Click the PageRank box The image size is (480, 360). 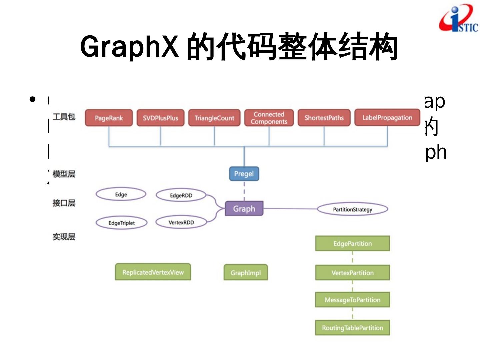pyautogui.click(x=109, y=118)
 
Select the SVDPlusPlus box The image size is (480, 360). pyautogui.click(x=160, y=118)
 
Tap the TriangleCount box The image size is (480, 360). pyautogui.click(x=214, y=118)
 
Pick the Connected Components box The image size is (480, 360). pyautogui.click(x=269, y=118)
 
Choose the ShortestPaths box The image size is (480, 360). pyautogui.click(x=324, y=118)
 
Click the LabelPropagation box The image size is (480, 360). pyautogui.click(x=387, y=117)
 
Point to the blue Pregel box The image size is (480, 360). pyautogui.click(x=244, y=174)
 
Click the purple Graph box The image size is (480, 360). pyautogui.click(x=244, y=209)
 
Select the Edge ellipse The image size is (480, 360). pyautogui.click(x=121, y=194)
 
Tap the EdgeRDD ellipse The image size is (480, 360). pyautogui.click(x=181, y=195)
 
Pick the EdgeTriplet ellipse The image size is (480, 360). pyautogui.click(x=121, y=223)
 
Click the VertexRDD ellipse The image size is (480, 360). pyautogui.click(x=181, y=222)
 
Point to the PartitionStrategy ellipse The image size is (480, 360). pyautogui.click(x=352, y=209)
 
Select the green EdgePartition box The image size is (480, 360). pyautogui.click(x=352, y=243)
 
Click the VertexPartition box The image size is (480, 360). pyautogui.click(x=352, y=273)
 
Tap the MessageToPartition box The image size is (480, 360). pyautogui.click(x=352, y=300)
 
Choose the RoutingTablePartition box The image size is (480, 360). pyautogui.click(x=352, y=328)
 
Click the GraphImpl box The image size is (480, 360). pyautogui.click(x=245, y=273)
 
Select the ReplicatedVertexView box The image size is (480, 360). pyautogui.click(x=153, y=272)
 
